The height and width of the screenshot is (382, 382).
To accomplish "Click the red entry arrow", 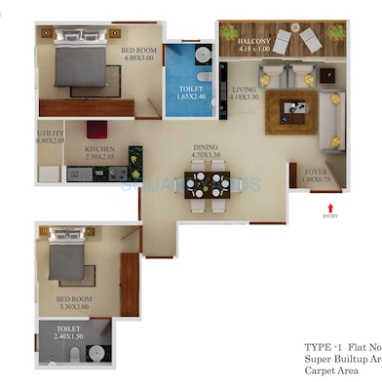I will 330,207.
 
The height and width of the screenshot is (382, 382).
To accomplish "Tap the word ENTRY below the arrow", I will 330,217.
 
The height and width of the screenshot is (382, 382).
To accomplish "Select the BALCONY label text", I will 255,42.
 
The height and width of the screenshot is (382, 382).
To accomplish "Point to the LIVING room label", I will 244,88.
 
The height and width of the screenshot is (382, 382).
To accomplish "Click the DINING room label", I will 205,147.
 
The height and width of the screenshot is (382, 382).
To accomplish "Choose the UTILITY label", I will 51,134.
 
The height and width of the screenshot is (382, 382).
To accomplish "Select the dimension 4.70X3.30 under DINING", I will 205,155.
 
